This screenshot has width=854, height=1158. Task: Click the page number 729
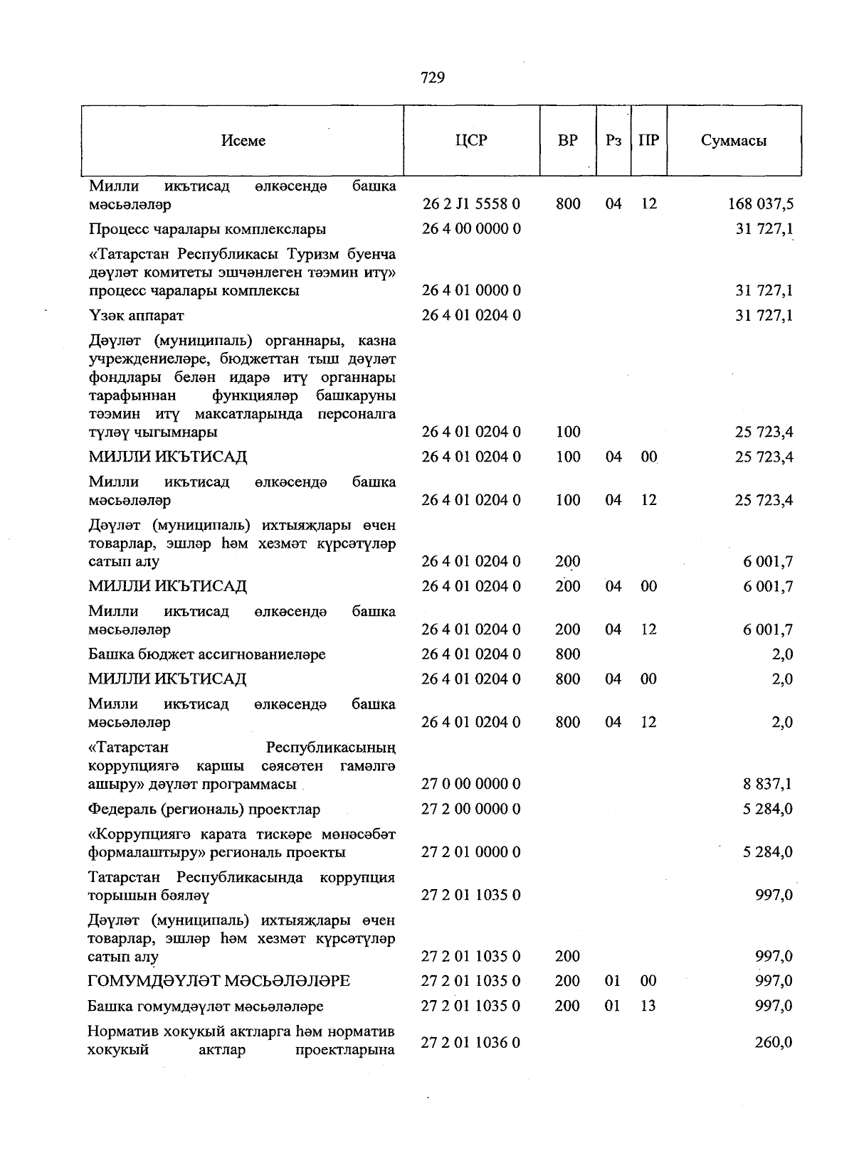click(433, 78)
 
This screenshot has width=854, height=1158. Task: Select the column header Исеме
click(243, 141)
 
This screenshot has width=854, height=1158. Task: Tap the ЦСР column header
click(471, 140)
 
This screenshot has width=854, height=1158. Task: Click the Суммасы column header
click(733, 141)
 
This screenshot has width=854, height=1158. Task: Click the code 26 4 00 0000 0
click(471, 229)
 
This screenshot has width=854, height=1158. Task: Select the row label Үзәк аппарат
click(137, 315)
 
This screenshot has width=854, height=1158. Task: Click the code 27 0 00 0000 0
click(471, 785)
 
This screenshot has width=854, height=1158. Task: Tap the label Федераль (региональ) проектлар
click(204, 809)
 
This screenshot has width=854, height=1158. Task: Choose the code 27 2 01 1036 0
click(471, 1043)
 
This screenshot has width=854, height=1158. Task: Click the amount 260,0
click(774, 1043)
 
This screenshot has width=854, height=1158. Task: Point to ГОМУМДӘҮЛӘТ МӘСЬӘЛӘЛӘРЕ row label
click(219, 982)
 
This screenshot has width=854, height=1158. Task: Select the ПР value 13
click(648, 1006)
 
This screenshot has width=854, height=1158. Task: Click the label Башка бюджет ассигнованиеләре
click(207, 654)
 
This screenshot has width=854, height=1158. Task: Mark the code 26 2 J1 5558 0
click(471, 205)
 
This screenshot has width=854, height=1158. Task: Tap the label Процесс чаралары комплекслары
click(208, 229)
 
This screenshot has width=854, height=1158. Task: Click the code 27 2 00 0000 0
click(471, 809)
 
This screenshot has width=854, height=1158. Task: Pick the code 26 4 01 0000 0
click(471, 291)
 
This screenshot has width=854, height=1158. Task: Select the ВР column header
click(568, 140)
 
